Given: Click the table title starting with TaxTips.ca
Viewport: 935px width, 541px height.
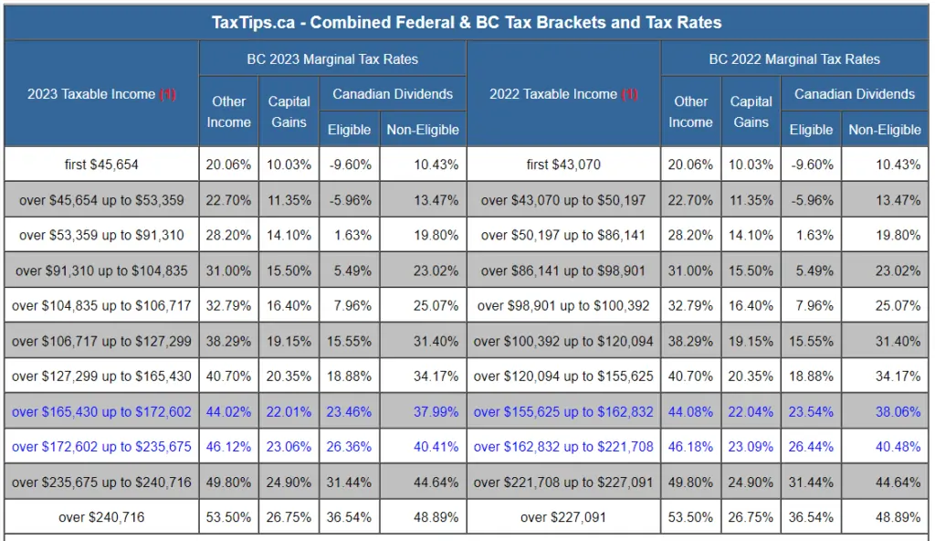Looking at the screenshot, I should [467, 22].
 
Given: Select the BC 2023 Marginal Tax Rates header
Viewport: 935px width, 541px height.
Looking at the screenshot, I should [332, 59].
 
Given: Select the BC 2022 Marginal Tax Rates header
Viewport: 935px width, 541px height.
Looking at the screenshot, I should [794, 59].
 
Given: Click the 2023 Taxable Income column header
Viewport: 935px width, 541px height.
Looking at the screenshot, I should [101, 94].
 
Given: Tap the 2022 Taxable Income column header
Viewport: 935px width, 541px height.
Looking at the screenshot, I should [563, 94].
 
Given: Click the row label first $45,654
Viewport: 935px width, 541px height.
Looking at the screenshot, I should [101, 164].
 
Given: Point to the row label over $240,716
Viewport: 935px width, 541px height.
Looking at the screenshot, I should [101, 517].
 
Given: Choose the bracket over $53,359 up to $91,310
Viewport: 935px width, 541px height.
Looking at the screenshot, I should [101, 235].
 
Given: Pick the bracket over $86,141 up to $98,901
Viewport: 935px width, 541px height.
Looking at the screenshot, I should [563, 270].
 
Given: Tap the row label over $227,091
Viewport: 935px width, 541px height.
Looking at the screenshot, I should [563, 517].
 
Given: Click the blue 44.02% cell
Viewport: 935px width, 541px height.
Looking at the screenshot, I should [228, 412].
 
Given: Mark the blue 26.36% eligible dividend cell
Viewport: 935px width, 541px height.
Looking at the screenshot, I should [349, 447].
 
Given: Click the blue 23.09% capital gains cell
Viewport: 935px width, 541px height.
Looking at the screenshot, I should [751, 447].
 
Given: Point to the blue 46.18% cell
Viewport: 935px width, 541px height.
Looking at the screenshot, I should [690, 447].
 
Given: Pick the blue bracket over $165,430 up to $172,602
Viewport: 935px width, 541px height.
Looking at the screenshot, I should [101, 412].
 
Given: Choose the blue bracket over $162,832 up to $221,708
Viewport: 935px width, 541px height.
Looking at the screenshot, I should [563, 447].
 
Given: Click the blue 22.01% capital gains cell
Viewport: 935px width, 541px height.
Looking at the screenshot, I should [289, 412].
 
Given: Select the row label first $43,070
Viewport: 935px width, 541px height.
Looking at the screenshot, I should [563, 164].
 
